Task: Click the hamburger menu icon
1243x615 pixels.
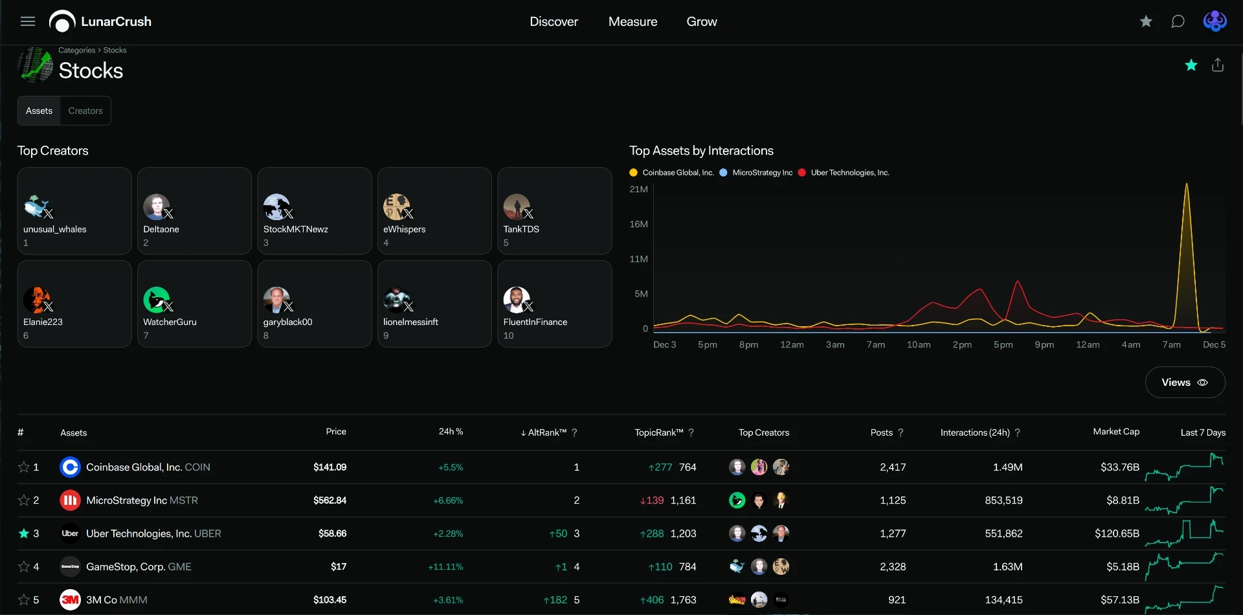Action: click(28, 21)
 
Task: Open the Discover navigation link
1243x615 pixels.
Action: click(554, 21)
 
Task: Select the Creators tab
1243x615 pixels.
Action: click(85, 111)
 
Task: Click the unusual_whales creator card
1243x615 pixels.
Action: click(74, 211)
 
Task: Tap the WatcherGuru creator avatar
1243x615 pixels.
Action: click(156, 300)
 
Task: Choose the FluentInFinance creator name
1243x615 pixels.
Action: click(535, 322)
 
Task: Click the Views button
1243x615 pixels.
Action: click(1185, 383)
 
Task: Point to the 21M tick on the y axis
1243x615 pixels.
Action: click(638, 189)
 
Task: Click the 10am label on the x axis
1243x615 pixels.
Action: click(919, 344)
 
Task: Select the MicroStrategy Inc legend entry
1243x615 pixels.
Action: click(756, 173)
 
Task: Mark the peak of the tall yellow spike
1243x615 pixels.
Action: click(1187, 183)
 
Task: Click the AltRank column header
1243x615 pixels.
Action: click(547, 432)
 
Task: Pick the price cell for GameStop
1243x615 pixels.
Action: click(339, 566)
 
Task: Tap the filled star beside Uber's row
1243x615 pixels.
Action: click(24, 533)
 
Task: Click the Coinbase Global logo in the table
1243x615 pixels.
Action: click(70, 467)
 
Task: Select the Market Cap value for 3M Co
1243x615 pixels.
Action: click(1120, 600)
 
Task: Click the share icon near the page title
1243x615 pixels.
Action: click(1218, 65)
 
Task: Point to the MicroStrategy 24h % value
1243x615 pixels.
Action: click(448, 500)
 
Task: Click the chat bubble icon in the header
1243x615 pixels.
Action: click(1178, 21)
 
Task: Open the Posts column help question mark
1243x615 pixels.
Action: click(901, 432)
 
